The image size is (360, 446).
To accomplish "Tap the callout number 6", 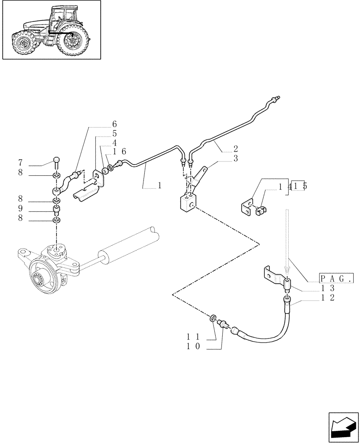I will (x=115, y=124).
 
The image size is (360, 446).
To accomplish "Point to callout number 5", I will (x=115, y=133).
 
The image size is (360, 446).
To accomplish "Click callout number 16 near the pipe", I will (x=119, y=153).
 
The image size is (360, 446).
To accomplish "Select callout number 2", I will (x=235, y=149).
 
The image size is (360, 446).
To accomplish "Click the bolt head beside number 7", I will (x=56, y=161).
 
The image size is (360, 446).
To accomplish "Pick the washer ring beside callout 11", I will (x=213, y=318).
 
